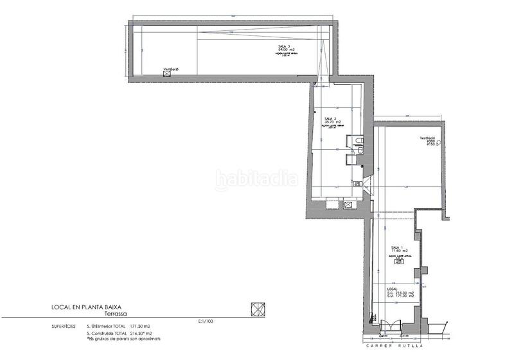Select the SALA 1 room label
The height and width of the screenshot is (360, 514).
click(397, 248)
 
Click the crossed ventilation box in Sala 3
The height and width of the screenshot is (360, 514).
click(168, 74)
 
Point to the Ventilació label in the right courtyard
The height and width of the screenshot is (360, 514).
click(429, 138)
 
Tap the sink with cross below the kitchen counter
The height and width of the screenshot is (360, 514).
click(348, 204)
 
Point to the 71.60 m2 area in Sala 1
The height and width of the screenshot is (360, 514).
click(400, 251)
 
